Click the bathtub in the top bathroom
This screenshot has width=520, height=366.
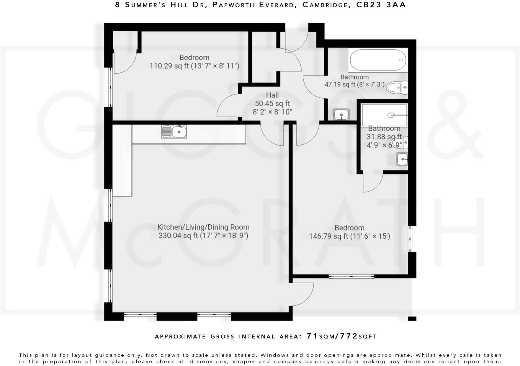tap(378, 60)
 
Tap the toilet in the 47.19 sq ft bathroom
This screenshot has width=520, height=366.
tap(397, 88)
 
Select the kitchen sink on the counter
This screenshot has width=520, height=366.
tap(174, 132)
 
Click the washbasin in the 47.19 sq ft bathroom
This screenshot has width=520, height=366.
tap(341, 115)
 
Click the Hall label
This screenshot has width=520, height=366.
tap(272, 95)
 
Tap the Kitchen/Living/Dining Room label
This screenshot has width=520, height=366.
tap(203, 227)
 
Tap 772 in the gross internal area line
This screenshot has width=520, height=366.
tap(349, 336)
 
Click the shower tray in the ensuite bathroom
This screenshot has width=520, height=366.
tap(384, 115)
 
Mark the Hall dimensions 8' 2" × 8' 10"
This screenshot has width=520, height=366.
tap(272, 112)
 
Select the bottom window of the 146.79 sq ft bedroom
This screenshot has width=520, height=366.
tap(351, 277)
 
